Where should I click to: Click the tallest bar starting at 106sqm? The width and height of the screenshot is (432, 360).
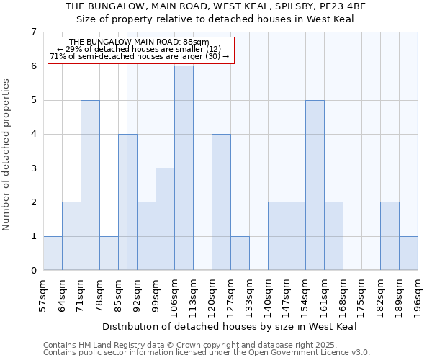click(184, 168)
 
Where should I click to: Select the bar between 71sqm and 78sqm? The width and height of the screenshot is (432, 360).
click(90, 185)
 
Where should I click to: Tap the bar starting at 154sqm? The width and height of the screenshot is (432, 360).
click(315, 185)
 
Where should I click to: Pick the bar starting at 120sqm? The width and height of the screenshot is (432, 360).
click(221, 202)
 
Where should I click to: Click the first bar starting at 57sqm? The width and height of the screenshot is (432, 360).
click(53, 253)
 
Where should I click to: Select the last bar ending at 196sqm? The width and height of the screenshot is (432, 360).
click(408, 253)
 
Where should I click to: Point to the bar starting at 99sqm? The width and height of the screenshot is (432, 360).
click(165, 220)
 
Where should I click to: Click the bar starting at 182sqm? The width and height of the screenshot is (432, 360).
click(390, 236)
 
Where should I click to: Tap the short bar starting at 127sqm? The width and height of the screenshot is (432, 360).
click(240, 253)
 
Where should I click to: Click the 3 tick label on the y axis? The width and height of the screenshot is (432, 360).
click(33, 168)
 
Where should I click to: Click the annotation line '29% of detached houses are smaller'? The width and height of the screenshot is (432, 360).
click(139, 49)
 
